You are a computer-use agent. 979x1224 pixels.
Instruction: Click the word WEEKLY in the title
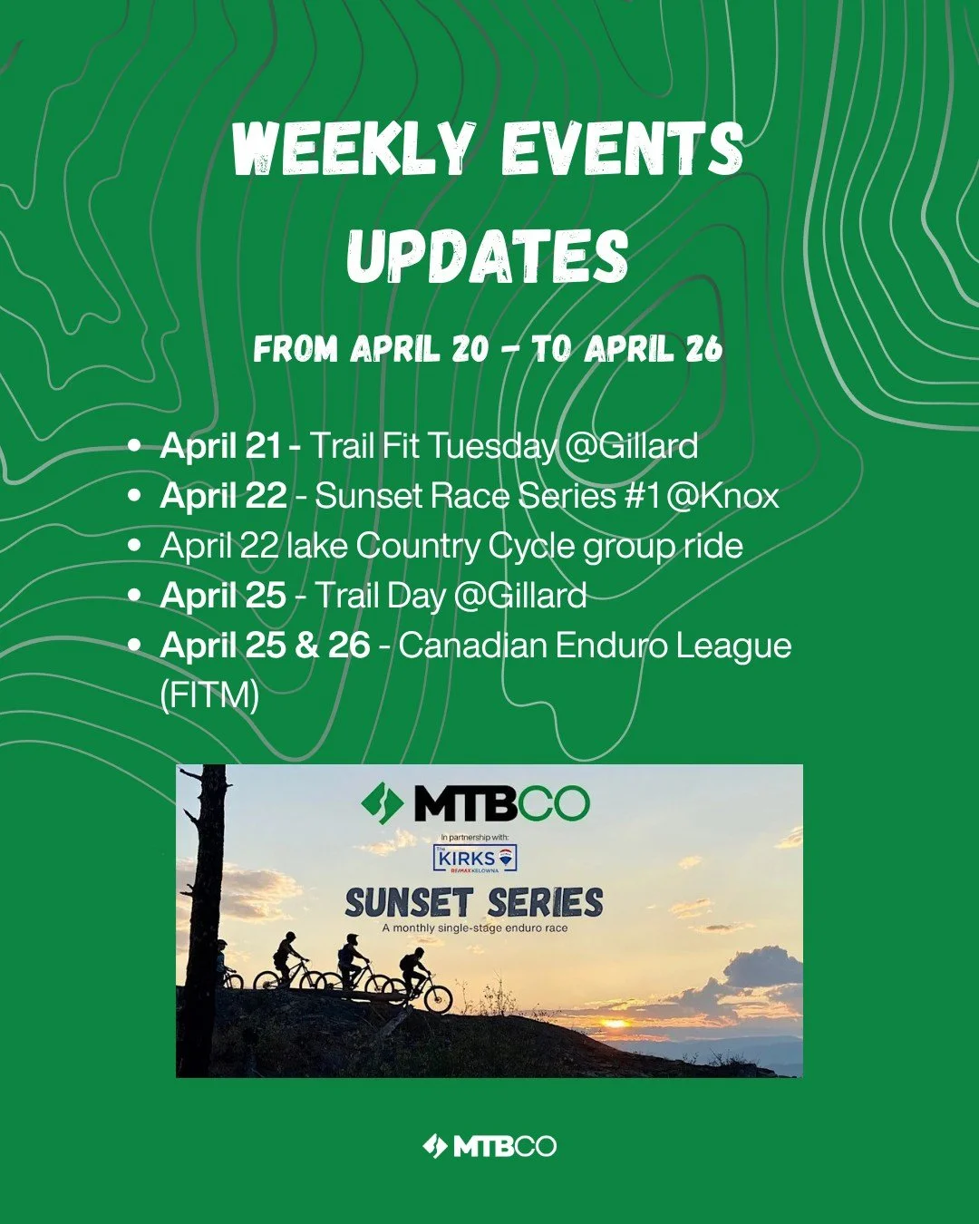click(x=354, y=149)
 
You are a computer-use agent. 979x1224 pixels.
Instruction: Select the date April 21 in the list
click(x=220, y=446)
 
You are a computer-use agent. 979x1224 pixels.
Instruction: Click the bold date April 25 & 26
click(x=265, y=646)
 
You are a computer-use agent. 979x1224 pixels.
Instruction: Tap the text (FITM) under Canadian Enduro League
click(x=209, y=695)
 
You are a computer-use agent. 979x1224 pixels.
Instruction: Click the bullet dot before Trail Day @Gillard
click(x=135, y=596)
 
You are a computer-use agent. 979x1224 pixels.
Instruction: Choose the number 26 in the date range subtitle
click(x=703, y=349)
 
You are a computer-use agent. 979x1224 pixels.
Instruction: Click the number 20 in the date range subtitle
click(x=470, y=349)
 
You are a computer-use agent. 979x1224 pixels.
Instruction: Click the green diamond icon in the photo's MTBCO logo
click(x=382, y=802)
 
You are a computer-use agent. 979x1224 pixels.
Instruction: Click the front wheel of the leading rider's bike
click(x=439, y=999)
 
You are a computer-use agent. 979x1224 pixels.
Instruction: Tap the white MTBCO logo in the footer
click(x=489, y=1146)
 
